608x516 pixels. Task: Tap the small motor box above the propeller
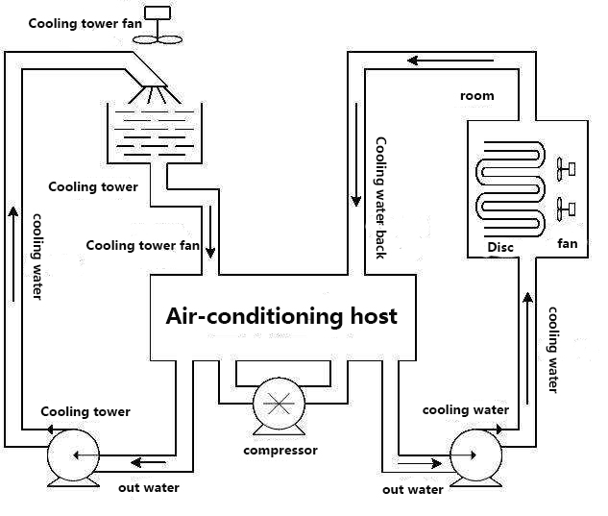coord(157,14)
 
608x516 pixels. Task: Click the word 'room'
coord(476,95)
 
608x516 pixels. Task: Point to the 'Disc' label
coord(500,247)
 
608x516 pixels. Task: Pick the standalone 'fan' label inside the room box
coord(567,243)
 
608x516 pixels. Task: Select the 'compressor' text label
coord(280,450)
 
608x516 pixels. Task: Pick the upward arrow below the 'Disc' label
coord(527,336)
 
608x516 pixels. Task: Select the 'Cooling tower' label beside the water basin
coord(92,186)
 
